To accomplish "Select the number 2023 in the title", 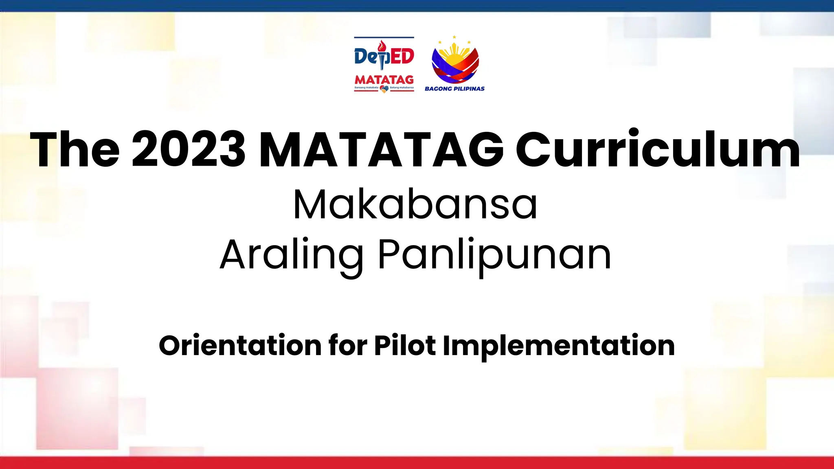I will pyautogui.click(x=189, y=149).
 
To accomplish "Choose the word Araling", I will pyautogui.click(x=291, y=255).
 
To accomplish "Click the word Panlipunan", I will pyautogui.click(x=494, y=255).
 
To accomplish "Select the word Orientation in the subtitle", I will pyautogui.click(x=240, y=346).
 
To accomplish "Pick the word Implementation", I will pyautogui.click(x=558, y=346).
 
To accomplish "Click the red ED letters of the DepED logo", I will pyautogui.click(x=402, y=57).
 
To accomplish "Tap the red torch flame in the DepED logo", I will pyautogui.click(x=382, y=45).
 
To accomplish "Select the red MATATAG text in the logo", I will pyautogui.click(x=384, y=79).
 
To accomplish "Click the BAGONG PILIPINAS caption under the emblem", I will pyautogui.click(x=454, y=89).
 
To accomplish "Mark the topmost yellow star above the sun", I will pyautogui.click(x=454, y=37).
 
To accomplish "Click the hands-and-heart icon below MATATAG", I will pyautogui.click(x=384, y=89).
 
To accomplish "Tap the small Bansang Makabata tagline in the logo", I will pyautogui.click(x=367, y=88).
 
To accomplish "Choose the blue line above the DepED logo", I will pyautogui.click(x=384, y=37).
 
